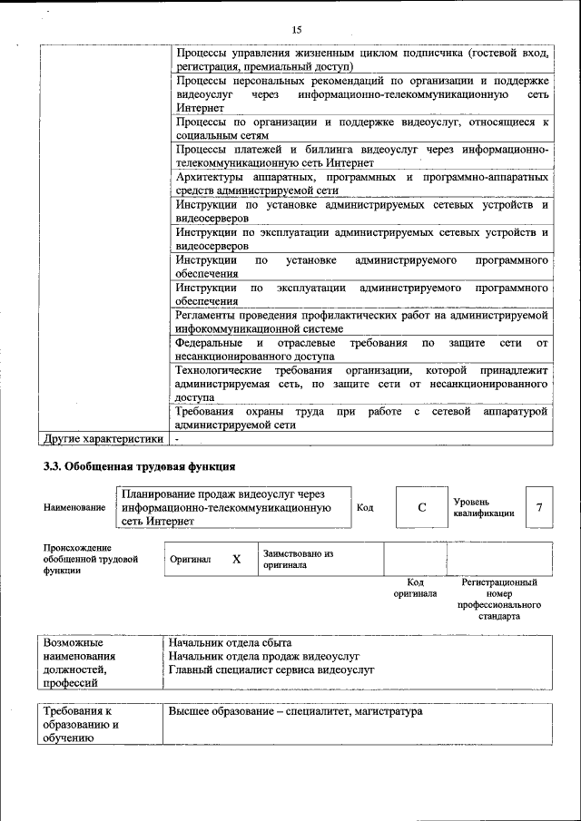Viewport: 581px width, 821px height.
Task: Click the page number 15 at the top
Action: point(297,30)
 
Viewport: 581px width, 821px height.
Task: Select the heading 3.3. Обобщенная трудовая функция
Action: point(140,466)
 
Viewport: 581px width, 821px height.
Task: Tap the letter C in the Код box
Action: point(422,508)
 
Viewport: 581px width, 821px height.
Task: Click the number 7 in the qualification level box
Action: point(539,508)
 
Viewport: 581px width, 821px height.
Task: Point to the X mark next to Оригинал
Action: point(236,560)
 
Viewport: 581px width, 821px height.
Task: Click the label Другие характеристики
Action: point(103,439)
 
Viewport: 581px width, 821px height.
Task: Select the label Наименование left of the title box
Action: point(74,508)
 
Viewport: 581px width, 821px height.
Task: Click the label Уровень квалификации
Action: point(484,507)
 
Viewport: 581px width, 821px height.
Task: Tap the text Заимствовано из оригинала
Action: point(299,559)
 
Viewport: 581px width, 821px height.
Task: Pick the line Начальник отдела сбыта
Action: point(231,642)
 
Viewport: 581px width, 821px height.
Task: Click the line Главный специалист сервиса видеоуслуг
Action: point(271,670)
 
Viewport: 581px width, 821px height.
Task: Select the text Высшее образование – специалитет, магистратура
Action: point(296,712)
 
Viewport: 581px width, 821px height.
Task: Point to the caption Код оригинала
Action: point(415,588)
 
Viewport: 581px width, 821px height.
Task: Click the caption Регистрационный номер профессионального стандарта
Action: point(499,599)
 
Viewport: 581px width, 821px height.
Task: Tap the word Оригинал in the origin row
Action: point(191,560)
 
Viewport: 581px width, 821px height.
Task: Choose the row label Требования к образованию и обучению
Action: point(81,726)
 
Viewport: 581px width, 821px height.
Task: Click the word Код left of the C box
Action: point(365,508)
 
